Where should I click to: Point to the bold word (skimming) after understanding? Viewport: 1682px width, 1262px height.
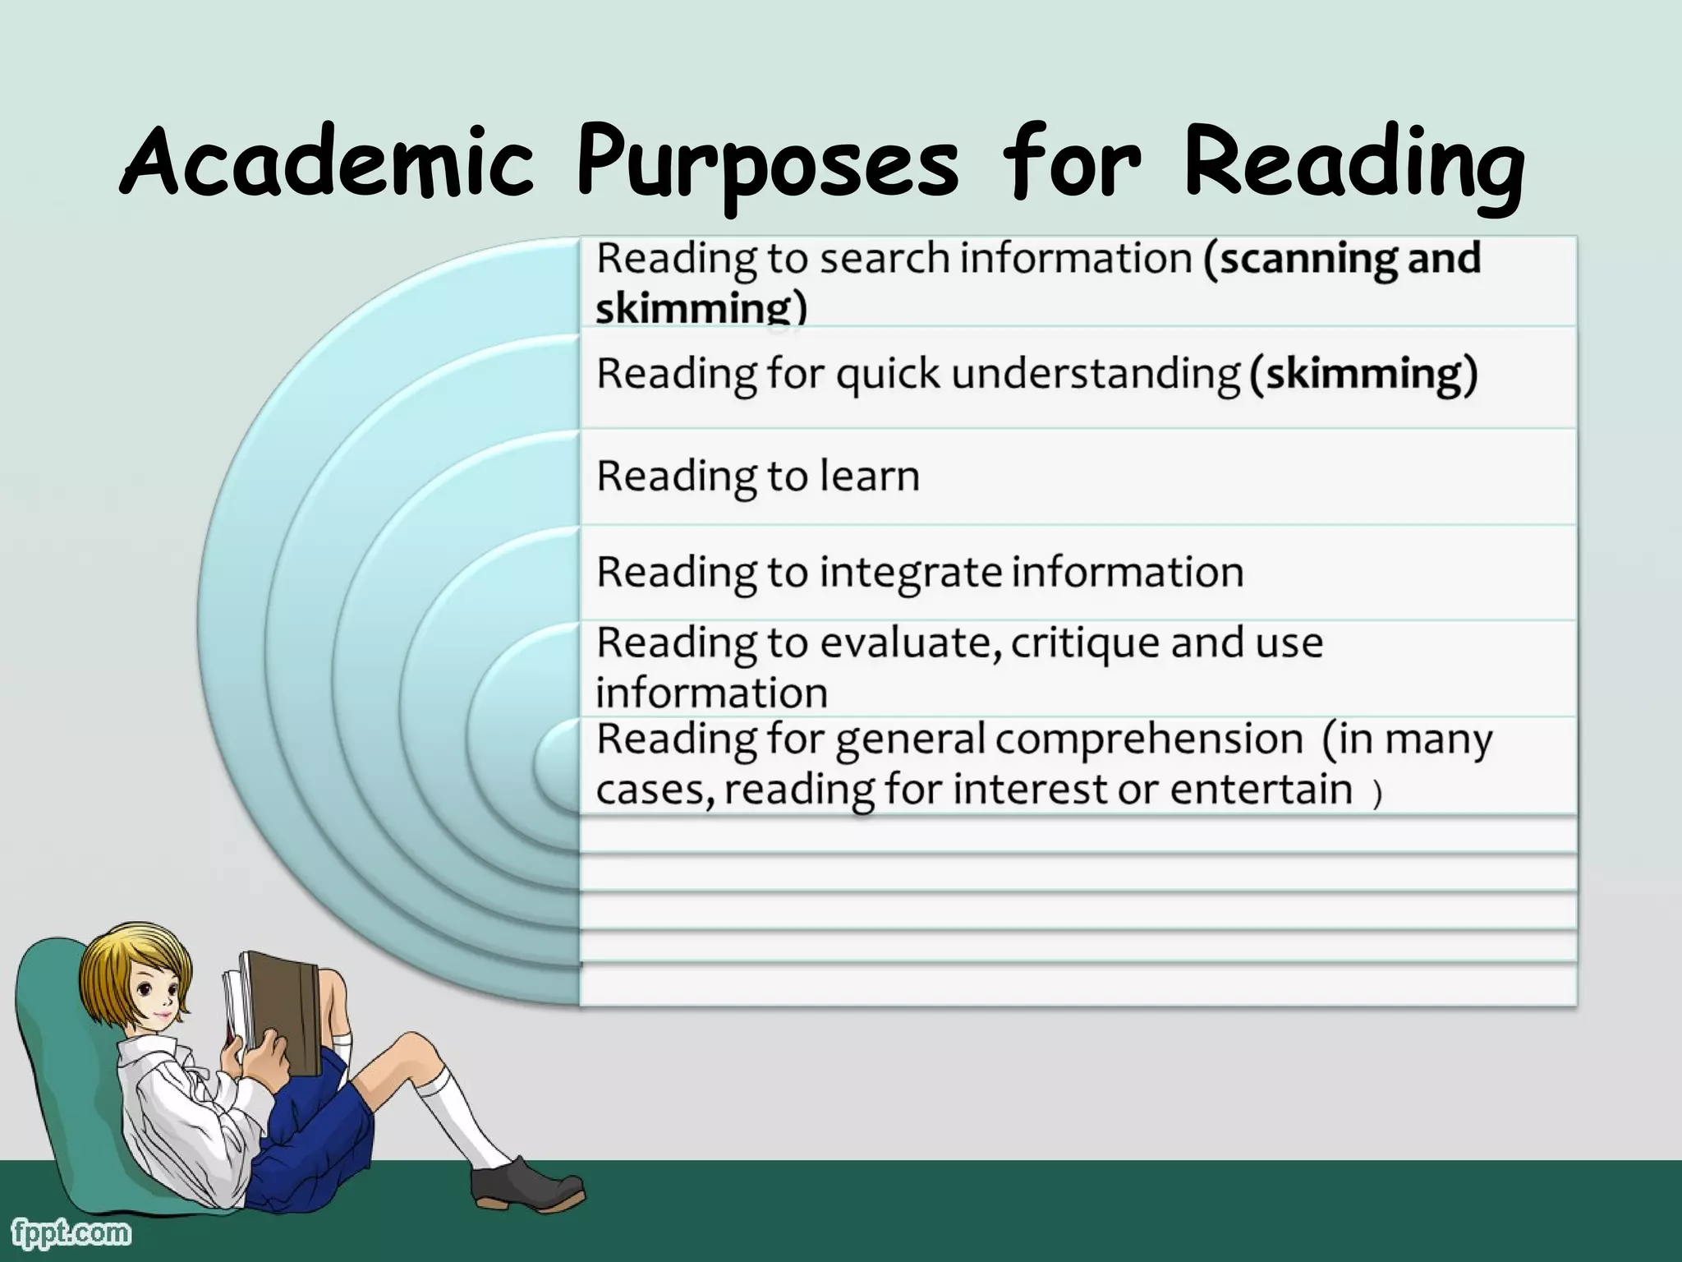[x=1363, y=374]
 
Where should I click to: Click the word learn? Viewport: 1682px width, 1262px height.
[x=870, y=477]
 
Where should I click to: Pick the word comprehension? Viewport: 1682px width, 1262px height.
[x=1149, y=739]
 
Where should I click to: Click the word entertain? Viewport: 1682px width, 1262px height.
[x=1261, y=790]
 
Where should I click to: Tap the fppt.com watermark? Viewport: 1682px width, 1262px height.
[x=71, y=1233]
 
